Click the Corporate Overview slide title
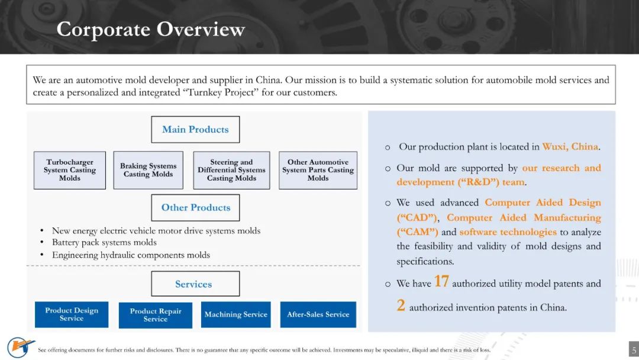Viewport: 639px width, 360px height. (x=150, y=30)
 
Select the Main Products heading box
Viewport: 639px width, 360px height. (x=195, y=130)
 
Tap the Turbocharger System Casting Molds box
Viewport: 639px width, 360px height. (x=70, y=170)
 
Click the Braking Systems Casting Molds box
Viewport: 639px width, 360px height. (x=149, y=170)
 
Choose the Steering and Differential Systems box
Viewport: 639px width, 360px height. (x=231, y=170)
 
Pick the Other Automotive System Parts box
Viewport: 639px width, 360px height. (x=318, y=170)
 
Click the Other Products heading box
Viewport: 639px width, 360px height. (x=195, y=207)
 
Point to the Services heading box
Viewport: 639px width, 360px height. (x=195, y=284)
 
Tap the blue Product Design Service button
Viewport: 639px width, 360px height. (x=72, y=314)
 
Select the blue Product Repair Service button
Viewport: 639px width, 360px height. (x=155, y=315)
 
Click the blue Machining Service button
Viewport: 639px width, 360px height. (x=235, y=314)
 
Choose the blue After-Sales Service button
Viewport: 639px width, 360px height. (x=318, y=314)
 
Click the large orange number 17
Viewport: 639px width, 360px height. (x=441, y=281)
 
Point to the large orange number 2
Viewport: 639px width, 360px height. (x=401, y=306)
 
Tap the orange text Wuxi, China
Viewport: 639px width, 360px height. (x=570, y=147)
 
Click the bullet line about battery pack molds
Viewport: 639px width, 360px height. (x=104, y=243)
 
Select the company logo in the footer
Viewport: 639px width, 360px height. (x=20, y=348)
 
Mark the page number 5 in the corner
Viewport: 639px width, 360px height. (x=634, y=350)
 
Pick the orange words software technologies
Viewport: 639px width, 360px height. (x=508, y=232)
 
